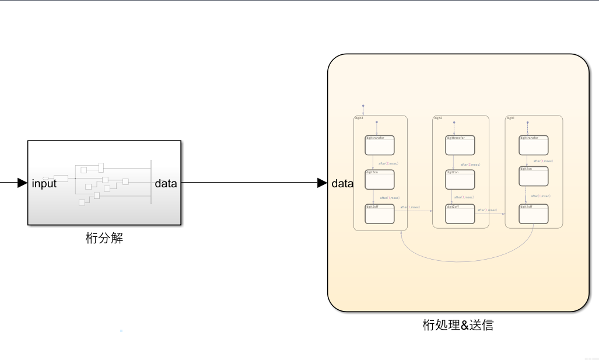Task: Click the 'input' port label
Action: (44, 183)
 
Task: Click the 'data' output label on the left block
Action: (166, 183)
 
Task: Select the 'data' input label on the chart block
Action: (342, 183)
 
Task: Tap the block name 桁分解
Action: (104, 238)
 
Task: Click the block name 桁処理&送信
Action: (458, 325)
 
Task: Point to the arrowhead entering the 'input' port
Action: (23, 183)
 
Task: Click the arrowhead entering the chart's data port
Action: (322, 183)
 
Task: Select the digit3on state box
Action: (380, 180)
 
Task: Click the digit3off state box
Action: (380, 214)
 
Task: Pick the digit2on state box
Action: (460, 180)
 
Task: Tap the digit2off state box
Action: (460, 214)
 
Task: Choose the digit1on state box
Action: (534, 176)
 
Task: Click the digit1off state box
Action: (534, 214)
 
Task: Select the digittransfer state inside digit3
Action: (380, 145)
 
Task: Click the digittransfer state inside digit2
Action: (460, 145)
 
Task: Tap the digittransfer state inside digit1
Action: (534, 145)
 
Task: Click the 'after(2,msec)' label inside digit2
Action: (470, 165)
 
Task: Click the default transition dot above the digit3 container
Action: (363, 106)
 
